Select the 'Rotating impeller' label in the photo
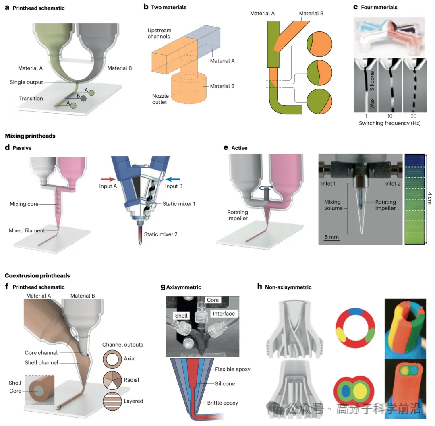pos(385,205)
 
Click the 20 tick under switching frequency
pos(413,116)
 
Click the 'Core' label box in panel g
pos(213,300)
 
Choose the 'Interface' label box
pos(224,314)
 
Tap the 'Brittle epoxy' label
pos(223,403)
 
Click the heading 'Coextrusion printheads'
pos(37,276)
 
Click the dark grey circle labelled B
pos(83,98)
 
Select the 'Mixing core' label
pos(24,204)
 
